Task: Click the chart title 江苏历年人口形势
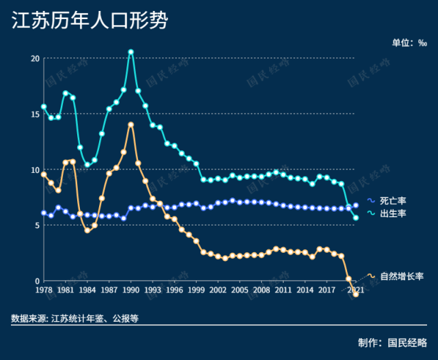point(90,20)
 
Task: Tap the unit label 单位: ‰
point(409,42)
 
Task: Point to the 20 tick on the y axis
point(35,58)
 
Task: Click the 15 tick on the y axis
point(35,113)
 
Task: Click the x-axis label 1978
point(44,290)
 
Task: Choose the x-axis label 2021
point(355,290)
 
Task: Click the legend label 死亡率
point(393,201)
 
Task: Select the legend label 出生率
point(393,214)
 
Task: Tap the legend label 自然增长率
point(402,276)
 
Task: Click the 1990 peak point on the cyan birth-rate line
point(131,52)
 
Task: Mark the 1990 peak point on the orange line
point(131,124)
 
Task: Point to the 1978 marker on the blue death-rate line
point(44,212)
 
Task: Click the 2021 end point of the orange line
point(355,294)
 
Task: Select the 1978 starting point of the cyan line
point(44,107)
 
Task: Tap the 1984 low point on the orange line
point(87,230)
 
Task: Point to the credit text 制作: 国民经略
point(393,342)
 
